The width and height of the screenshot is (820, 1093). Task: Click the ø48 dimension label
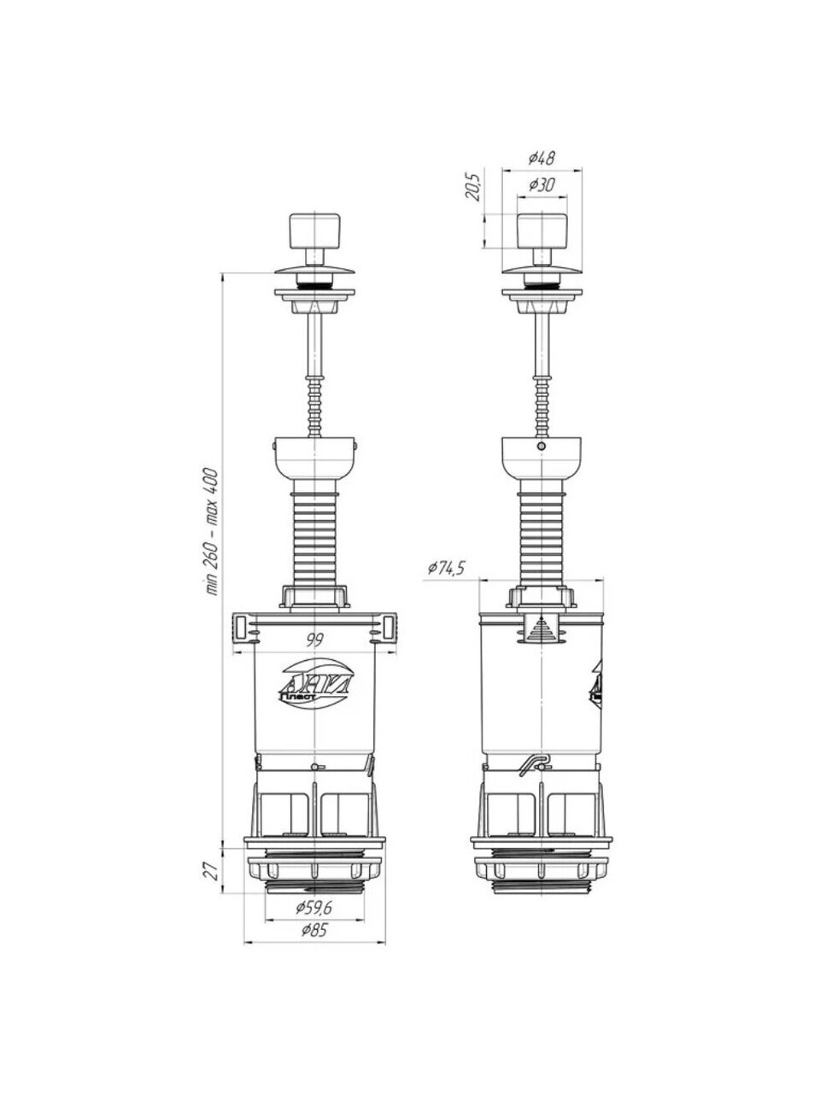coord(542,158)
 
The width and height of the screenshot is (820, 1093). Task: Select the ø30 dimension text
coord(542,185)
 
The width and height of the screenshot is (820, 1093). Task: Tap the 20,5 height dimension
coord(472,188)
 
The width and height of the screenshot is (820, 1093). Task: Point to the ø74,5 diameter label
coord(446,568)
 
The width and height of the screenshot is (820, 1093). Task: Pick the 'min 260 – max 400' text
coord(211,532)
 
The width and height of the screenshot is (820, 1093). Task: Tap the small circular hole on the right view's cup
coord(542,445)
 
